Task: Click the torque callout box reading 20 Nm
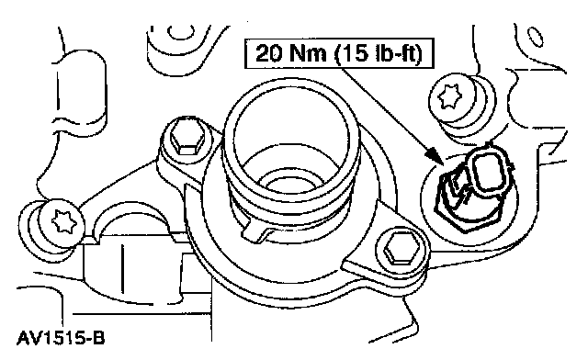point(339,53)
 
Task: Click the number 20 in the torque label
point(268,53)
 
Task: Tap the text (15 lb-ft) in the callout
point(379,53)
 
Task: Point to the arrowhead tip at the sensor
point(443,165)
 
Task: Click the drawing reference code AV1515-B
point(61,338)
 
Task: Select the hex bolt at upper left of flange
point(187,138)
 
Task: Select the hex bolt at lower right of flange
point(401,248)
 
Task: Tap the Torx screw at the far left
point(62,223)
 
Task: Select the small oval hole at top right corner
point(536,37)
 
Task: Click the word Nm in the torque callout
point(308,53)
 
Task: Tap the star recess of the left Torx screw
point(64,223)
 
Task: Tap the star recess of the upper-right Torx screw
point(449,96)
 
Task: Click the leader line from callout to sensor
point(390,117)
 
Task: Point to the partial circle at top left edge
point(181,32)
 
